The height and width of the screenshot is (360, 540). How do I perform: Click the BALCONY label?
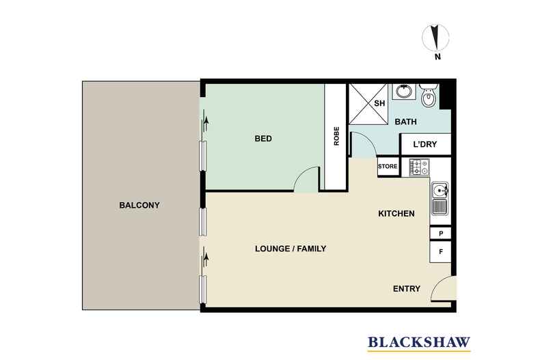point(139,205)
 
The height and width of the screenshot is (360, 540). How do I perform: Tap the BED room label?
point(263,139)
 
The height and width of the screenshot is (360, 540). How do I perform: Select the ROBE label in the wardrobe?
point(336,137)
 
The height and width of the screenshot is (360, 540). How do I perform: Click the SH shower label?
point(380,104)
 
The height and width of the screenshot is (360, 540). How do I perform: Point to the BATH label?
point(406,122)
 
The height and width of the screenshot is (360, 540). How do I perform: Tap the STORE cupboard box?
point(388,166)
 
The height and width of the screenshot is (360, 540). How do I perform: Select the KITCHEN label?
point(396,214)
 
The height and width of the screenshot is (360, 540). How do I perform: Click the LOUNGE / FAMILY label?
point(291,249)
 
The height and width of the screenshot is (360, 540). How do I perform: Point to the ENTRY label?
point(407,289)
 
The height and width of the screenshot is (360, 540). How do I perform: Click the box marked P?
point(440,234)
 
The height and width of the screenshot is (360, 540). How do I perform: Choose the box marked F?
point(440,252)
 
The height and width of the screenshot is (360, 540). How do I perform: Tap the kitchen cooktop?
point(418,167)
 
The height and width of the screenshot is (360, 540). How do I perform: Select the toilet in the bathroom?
point(428,97)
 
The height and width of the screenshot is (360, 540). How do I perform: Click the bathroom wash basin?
point(403,91)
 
